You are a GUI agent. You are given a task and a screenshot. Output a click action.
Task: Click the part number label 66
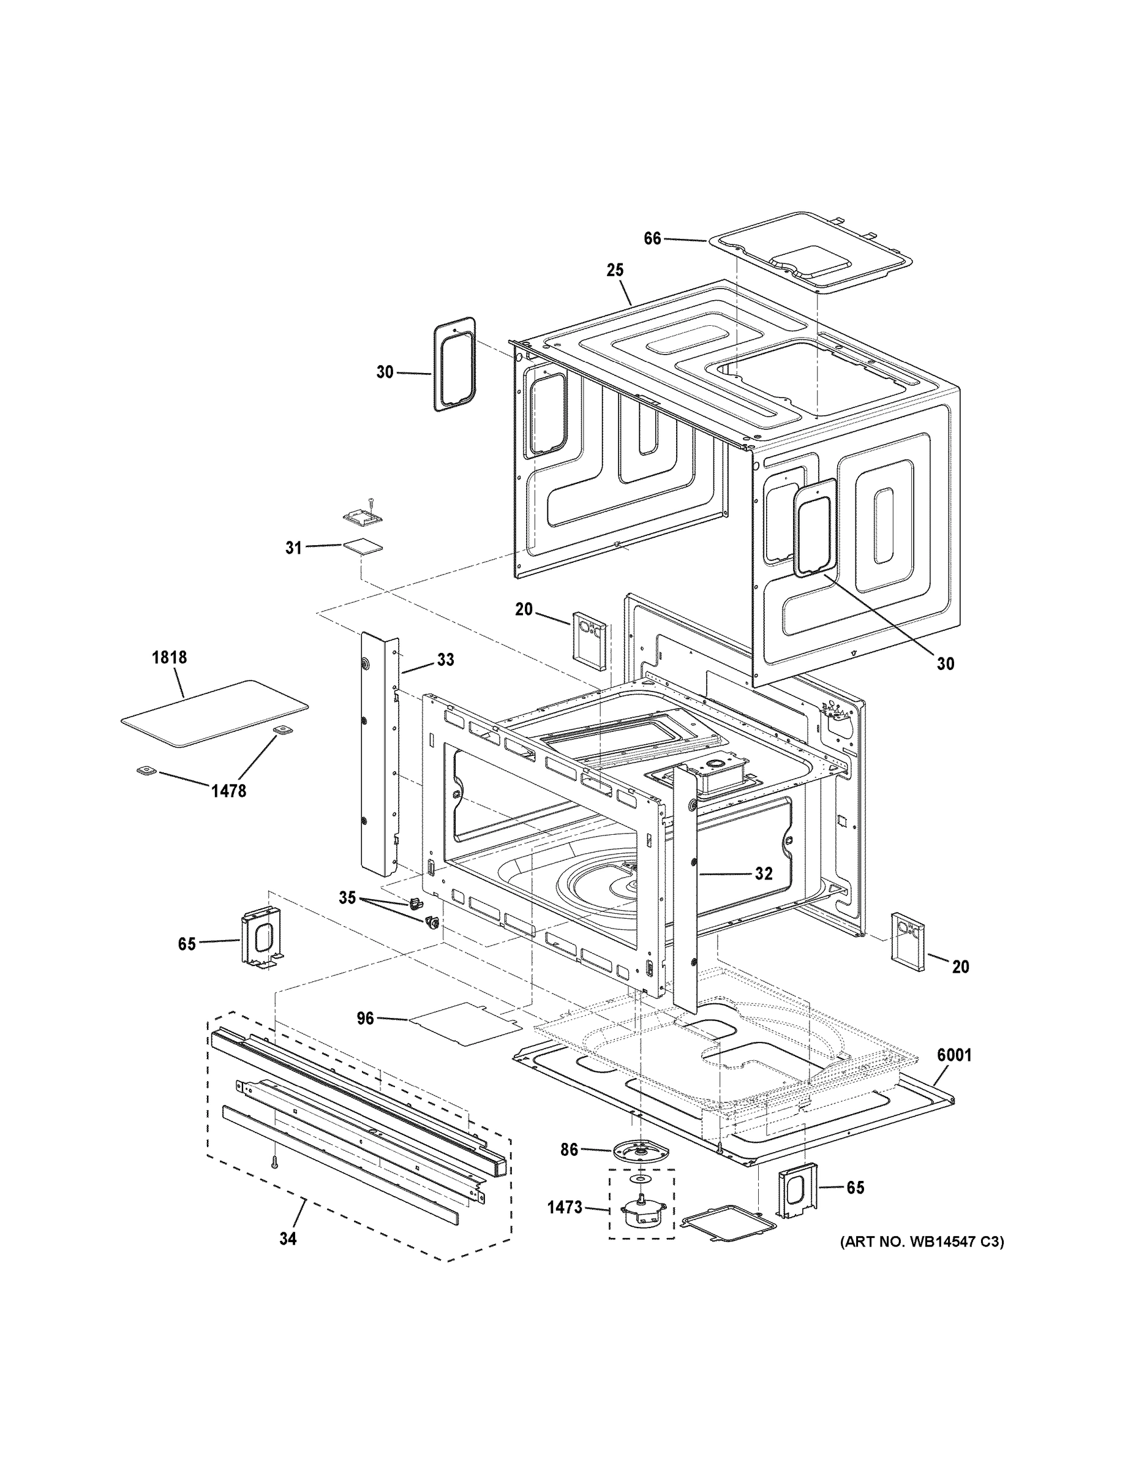pos(652,238)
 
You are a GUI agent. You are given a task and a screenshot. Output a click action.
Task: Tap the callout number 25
pos(615,270)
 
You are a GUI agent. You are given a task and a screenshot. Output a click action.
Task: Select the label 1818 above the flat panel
pos(169,657)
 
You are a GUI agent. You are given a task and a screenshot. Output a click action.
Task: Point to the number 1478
pos(229,791)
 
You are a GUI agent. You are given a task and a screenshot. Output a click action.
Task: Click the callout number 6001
pos(954,1056)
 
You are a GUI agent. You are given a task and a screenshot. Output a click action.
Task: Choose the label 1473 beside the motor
pos(564,1207)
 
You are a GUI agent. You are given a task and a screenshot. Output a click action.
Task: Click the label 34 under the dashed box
pos(287,1238)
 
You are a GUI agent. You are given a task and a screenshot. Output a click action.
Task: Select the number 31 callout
pos(293,548)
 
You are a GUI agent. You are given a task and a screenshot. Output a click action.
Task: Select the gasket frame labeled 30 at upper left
pos(454,364)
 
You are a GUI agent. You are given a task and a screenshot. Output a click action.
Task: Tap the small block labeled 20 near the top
pos(590,638)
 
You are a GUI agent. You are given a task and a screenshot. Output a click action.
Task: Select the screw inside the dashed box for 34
pos(274,1161)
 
